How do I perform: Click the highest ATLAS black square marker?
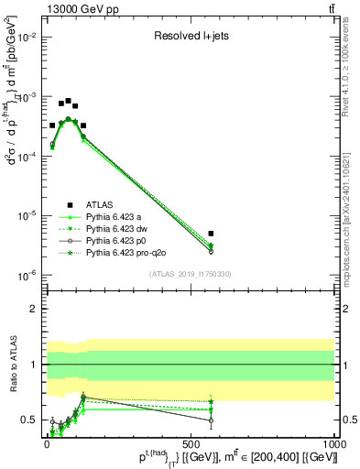coord(68,101)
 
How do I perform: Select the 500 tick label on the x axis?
coord(191,442)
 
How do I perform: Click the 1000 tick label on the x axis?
coord(334,442)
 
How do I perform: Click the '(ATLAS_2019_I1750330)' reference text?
coord(190,274)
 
